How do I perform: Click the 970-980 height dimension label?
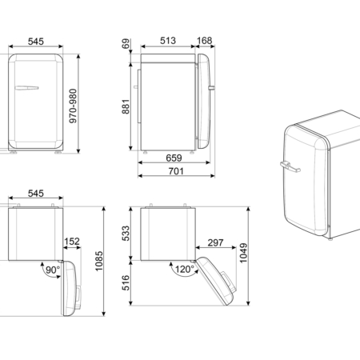(x=73, y=106)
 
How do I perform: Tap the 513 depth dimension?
(x=168, y=41)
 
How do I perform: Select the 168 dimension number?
(x=205, y=41)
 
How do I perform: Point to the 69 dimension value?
(x=126, y=44)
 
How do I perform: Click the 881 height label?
(x=126, y=106)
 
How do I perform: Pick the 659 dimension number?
(x=174, y=158)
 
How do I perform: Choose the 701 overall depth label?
(x=176, y=171)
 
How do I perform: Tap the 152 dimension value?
(x=72, y=242)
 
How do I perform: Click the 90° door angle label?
(x=53, y=270)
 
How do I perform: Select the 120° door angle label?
(x=185, y=269)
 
